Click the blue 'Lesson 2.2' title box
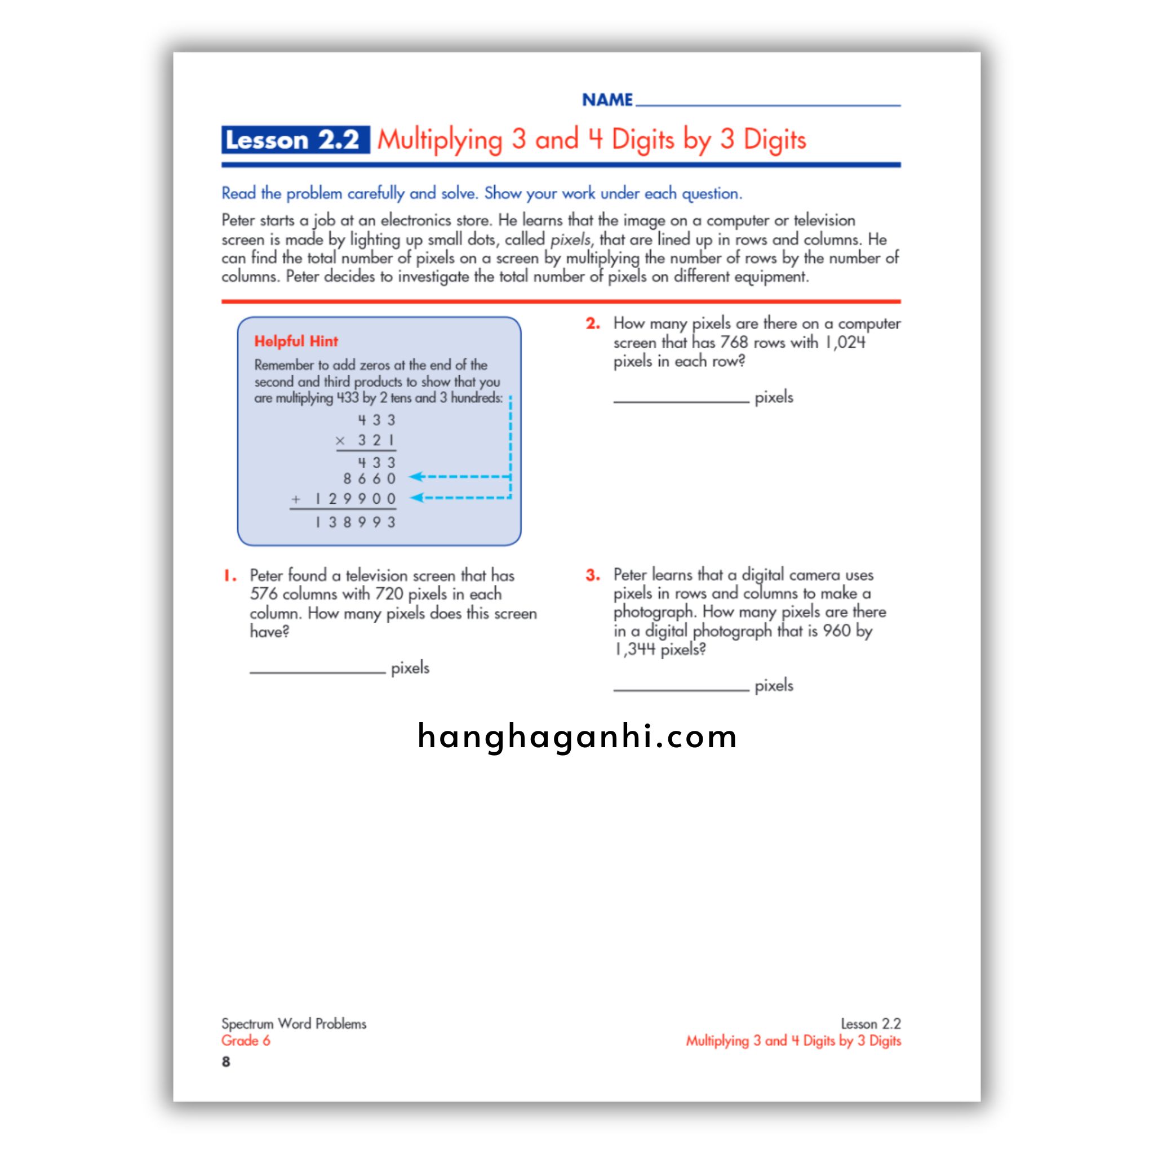point(295,140)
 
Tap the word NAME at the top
point(607,100)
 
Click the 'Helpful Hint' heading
point(296,341)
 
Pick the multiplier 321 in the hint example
point(376,441)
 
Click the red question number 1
point(230,576)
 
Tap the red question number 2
point(593,324)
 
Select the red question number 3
point(593,575)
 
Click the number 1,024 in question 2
point(845,342)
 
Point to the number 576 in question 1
point(263,594)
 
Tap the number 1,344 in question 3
point(635,649)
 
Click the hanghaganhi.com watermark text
point(577,736)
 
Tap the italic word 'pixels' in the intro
point(570,239)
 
